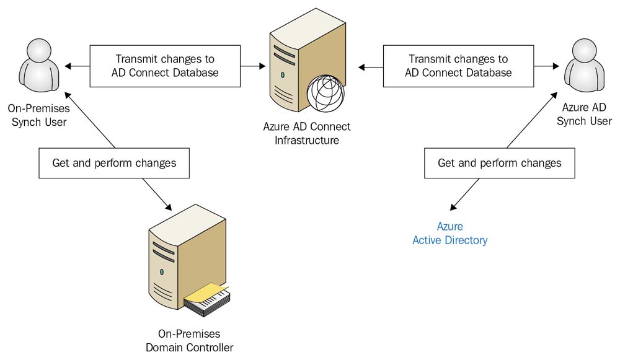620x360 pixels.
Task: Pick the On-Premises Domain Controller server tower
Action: coord(180,263)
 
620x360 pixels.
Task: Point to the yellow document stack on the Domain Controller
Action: coord(206,296)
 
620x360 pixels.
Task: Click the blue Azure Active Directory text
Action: coord(450,234)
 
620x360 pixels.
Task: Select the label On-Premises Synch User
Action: coord(39,115)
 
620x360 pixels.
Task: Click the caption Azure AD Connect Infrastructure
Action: coord(307,133)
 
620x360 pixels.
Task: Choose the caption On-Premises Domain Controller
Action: coord(189,341)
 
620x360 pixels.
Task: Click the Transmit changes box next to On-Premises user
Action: coord(165,66)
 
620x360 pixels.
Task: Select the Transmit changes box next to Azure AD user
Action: coord(458,66)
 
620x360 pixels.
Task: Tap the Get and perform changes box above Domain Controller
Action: coord(113,164)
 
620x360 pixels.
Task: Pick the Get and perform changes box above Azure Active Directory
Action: coord(499,164)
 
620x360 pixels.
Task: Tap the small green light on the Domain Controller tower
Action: coord(162,271)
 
